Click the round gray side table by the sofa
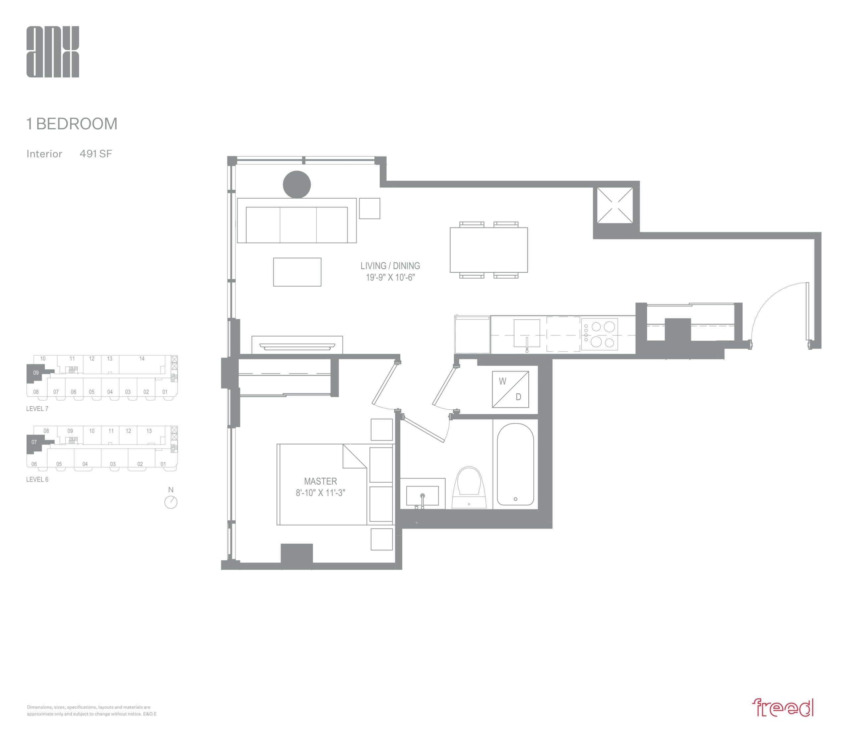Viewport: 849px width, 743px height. (297, 184)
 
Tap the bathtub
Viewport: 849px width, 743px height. (515, 464)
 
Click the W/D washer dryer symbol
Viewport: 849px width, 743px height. (510, 389)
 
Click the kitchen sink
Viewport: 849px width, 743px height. (527, 333)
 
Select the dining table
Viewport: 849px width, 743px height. (489, 250)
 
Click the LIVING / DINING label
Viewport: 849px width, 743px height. (390, 266)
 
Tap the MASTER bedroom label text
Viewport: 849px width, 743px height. (320, 481)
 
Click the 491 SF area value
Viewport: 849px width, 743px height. (96, 154)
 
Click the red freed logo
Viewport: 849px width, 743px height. (782, 708)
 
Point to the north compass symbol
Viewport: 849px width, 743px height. (171, 502)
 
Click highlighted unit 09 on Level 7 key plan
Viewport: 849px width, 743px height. (36, 373)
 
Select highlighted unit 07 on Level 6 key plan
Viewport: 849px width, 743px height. (34, 442)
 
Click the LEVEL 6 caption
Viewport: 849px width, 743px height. (37, 479)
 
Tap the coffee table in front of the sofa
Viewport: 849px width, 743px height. (297, 272)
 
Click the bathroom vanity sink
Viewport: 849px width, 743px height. (423, 496)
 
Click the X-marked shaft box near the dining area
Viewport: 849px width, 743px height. (615, 205)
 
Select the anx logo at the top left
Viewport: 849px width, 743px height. (53, 52)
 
